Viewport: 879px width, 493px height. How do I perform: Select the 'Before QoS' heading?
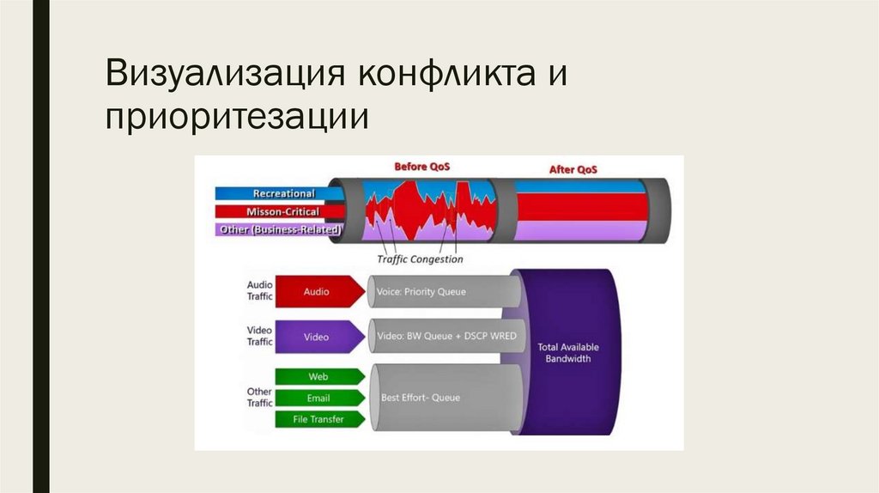pos(422,166)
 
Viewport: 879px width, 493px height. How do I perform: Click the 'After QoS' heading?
pos(573,169)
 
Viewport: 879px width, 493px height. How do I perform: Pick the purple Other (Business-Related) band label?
pos(279,229)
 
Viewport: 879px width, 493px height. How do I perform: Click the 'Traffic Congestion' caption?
pos(420,259)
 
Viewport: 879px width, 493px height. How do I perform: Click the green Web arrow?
pos(318,376)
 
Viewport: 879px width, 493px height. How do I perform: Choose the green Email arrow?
pos(318,398)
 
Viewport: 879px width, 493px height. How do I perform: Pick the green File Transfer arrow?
pos(318,419)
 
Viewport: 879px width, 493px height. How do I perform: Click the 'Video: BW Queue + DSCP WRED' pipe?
pos(446,336)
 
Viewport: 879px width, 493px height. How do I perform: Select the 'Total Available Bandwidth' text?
pos(568,352)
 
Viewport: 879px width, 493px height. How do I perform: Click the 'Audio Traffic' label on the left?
pos(259,290)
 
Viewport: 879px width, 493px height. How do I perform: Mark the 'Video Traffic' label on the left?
pos(259,336)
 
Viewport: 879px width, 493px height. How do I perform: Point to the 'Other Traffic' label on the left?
pos(259,397)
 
